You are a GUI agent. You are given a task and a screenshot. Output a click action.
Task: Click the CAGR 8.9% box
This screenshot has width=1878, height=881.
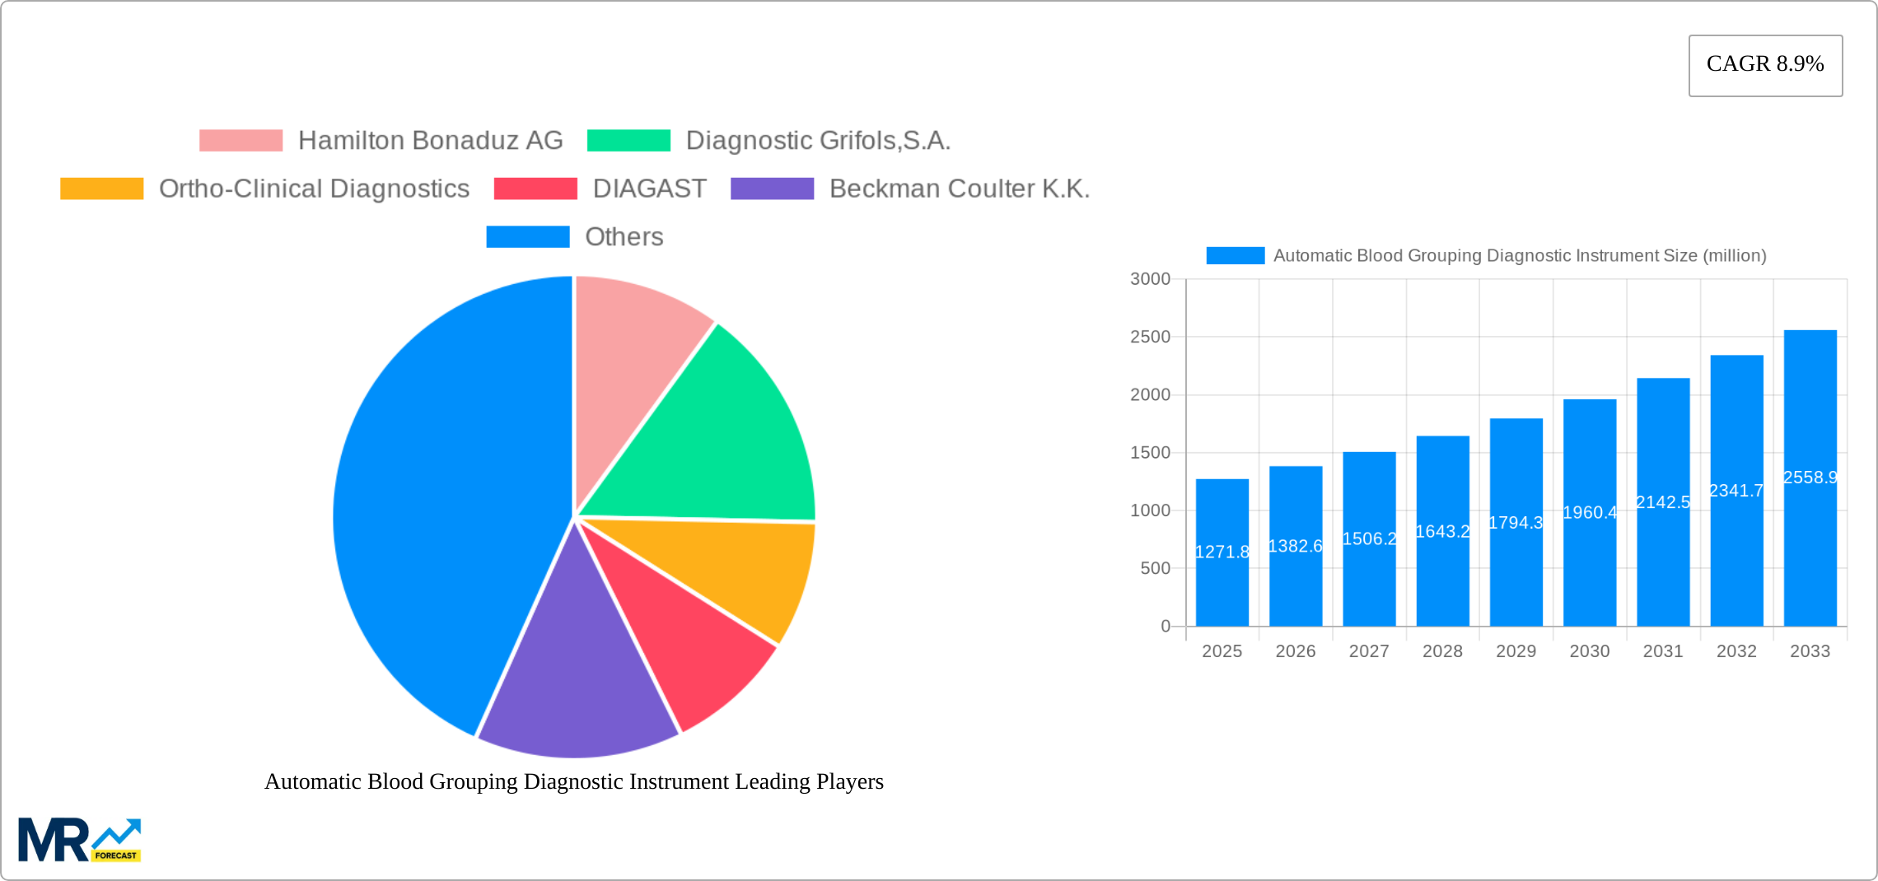1764,65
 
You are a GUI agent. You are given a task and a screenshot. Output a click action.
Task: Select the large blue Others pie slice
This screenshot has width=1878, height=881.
437,510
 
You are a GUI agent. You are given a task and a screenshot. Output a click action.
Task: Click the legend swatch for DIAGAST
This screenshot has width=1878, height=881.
535,189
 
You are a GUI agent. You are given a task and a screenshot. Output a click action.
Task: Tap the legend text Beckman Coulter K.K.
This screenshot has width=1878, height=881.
959,189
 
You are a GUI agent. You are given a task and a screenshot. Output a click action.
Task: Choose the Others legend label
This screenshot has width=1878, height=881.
624,237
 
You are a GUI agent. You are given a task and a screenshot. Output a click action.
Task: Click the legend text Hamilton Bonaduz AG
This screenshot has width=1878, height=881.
430,141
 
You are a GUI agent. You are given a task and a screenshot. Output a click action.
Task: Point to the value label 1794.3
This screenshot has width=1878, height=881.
1516,523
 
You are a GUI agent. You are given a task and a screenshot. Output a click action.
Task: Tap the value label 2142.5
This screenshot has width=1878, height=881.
1663,502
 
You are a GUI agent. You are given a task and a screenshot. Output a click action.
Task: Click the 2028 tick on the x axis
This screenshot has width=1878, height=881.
1442,651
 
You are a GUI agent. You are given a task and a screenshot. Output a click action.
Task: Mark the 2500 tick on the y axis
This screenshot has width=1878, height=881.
1150,337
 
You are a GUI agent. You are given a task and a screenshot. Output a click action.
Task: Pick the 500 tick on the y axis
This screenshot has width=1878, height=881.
1155,569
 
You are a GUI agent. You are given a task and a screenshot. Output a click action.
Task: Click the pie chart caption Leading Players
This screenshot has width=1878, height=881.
573,781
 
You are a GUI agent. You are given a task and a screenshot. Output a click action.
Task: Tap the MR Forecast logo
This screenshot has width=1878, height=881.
79,840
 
